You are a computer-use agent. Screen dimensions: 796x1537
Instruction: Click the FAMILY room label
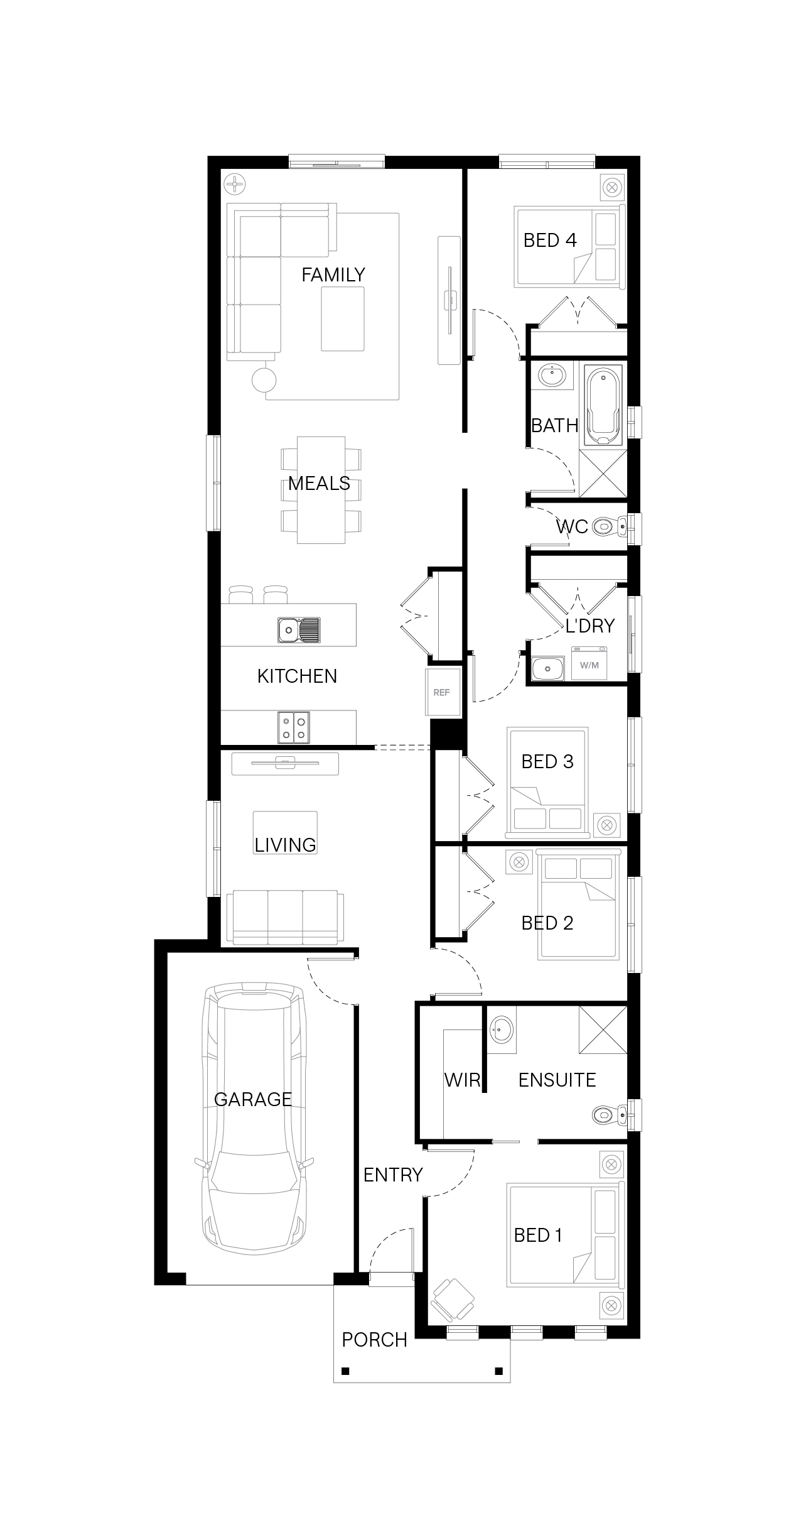(333, 274)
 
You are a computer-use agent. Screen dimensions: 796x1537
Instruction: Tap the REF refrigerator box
(443, 692)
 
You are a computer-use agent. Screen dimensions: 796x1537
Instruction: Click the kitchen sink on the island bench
(299, 630)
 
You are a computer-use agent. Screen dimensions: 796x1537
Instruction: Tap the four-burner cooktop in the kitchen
(294, 727)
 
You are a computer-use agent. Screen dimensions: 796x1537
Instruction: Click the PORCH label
(375, 1340)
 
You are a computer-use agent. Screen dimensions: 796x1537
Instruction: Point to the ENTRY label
(393, 1175)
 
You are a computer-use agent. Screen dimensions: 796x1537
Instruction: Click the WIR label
(462, 1080)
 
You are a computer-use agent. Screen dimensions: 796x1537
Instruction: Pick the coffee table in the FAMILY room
(343, 318)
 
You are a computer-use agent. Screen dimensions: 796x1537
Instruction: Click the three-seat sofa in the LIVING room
(285, 917)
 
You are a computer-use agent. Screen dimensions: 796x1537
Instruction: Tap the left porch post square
(345, 1371)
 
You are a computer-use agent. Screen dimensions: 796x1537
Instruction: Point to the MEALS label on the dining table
(319, 483)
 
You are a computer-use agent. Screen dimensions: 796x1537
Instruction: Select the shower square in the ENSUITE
(603, 1029)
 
